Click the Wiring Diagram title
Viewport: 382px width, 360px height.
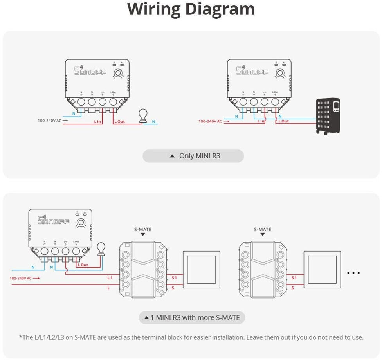point(191,9)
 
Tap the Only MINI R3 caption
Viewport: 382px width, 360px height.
point(193,156)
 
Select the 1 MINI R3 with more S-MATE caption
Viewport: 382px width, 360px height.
point(192,317)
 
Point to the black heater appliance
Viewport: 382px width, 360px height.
point(328,116)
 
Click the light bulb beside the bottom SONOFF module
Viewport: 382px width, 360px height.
point(101,249)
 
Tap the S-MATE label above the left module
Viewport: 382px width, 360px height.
point(142,229)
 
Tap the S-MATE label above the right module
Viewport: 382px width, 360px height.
point(262,229)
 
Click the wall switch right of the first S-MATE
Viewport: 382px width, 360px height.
point(200,270)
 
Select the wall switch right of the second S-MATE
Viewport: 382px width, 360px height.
point(322,270)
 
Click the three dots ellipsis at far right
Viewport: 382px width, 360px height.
point(353,273)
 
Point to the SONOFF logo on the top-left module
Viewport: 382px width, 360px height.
point(89,71)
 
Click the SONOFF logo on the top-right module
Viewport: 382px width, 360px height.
point(252,70)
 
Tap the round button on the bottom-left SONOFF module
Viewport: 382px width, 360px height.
point(81,223)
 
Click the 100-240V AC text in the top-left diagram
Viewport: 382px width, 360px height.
point(49,121)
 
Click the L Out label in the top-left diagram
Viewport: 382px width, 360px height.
point(120,122)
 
